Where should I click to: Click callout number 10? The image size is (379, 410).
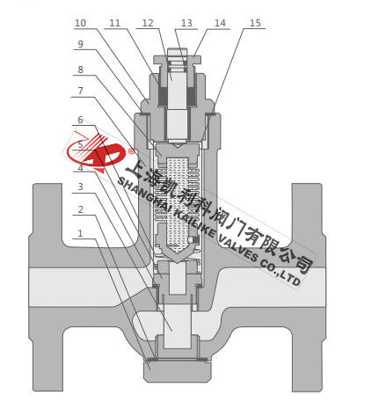pyautogui.click(x=80, y=23)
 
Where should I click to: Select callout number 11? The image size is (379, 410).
pyautogui.click(x=115, y=23)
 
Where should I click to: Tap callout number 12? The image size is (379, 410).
pyautogui.click(x=148, y=23)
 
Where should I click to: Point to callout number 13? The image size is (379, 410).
pyautogui.click(x=186, y=23)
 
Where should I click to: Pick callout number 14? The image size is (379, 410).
pyautogui.click(x=220, y=23)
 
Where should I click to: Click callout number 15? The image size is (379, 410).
pyautogui.click(x=255, y=23)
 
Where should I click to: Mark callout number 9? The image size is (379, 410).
pyautogui.click(x=80, y=44)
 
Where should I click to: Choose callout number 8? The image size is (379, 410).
pyautogui.click(x=80, y=70)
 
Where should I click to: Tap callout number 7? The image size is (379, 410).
pyautogui.click(x=80, y=91)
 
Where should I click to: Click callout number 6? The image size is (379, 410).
pyautogui.click(x=80, y=120)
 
